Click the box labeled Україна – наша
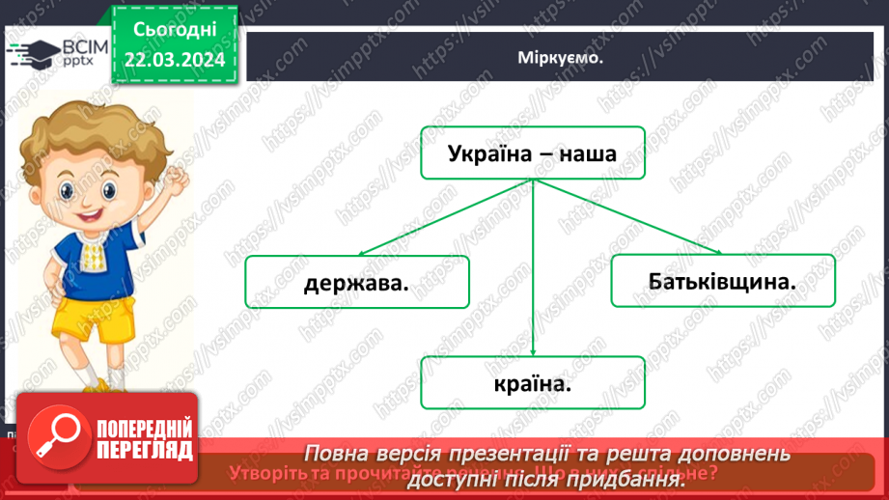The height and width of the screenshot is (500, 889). [x=532, y=153]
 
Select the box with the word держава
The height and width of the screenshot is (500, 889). [x=356, y=282]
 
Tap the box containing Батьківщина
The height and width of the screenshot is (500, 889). [x=723, y=281]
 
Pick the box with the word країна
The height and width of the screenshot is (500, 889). [x=532, y=382]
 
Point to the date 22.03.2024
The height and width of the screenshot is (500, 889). [x=174, y=60]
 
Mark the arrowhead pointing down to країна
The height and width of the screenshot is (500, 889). [x=532, y=351]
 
